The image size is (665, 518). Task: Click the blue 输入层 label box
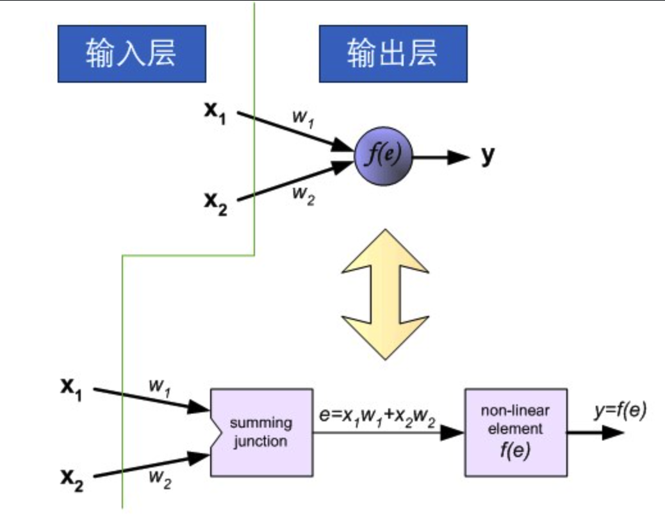[x=131, y=54]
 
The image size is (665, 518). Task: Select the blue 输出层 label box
[x=393, y=54]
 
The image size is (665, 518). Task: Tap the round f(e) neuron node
[x=384, y=156]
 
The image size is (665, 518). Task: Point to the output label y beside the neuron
[x=488, y=155]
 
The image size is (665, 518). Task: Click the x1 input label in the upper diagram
[x=215, y=112]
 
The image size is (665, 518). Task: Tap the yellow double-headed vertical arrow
[x=384, y=294]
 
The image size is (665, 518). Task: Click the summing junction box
[x=261, y=432]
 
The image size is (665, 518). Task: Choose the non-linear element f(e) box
[x=516, y=432]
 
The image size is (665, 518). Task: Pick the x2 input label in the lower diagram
[x=72, y=479]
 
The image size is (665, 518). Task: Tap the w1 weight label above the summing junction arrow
[x=160, y=387]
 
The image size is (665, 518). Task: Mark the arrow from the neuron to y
[x=442, y=156]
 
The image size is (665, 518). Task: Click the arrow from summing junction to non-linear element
[x=388, y=433]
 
